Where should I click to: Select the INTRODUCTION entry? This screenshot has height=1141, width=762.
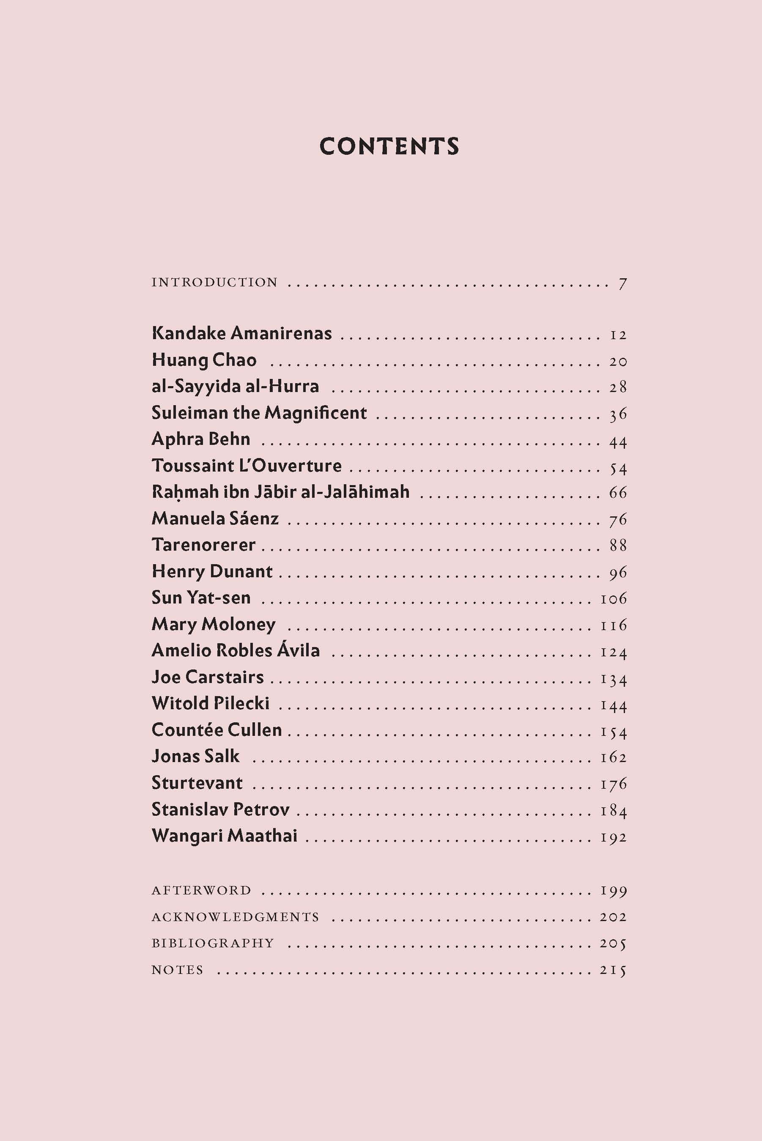coord(214,283)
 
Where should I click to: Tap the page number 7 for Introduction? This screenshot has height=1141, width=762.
coord(622,284)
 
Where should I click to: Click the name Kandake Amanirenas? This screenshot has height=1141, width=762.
coord(241,333)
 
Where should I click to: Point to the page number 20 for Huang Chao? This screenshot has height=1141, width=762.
coord(618,362)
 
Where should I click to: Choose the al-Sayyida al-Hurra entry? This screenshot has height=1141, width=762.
coord(235,387)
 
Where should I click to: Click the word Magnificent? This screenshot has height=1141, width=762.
coord(316,413)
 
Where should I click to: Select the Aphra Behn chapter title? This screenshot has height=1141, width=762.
coord(201,439)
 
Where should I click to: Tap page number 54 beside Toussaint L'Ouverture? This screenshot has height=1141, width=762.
coord(618,468)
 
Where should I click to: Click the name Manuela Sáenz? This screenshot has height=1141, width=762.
coord(215,518)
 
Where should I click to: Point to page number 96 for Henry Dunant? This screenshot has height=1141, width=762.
coord(618,573)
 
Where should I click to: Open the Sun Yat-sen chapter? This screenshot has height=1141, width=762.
coord(201,598)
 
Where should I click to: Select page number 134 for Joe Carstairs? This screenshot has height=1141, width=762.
coord(614,679)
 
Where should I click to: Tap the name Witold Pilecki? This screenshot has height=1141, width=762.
coord(211,703)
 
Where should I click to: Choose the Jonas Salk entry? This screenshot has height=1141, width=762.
coord(195,756)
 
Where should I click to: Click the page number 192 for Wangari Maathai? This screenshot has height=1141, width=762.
coord(614,837)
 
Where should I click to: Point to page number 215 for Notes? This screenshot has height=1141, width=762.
coord(613,970)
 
